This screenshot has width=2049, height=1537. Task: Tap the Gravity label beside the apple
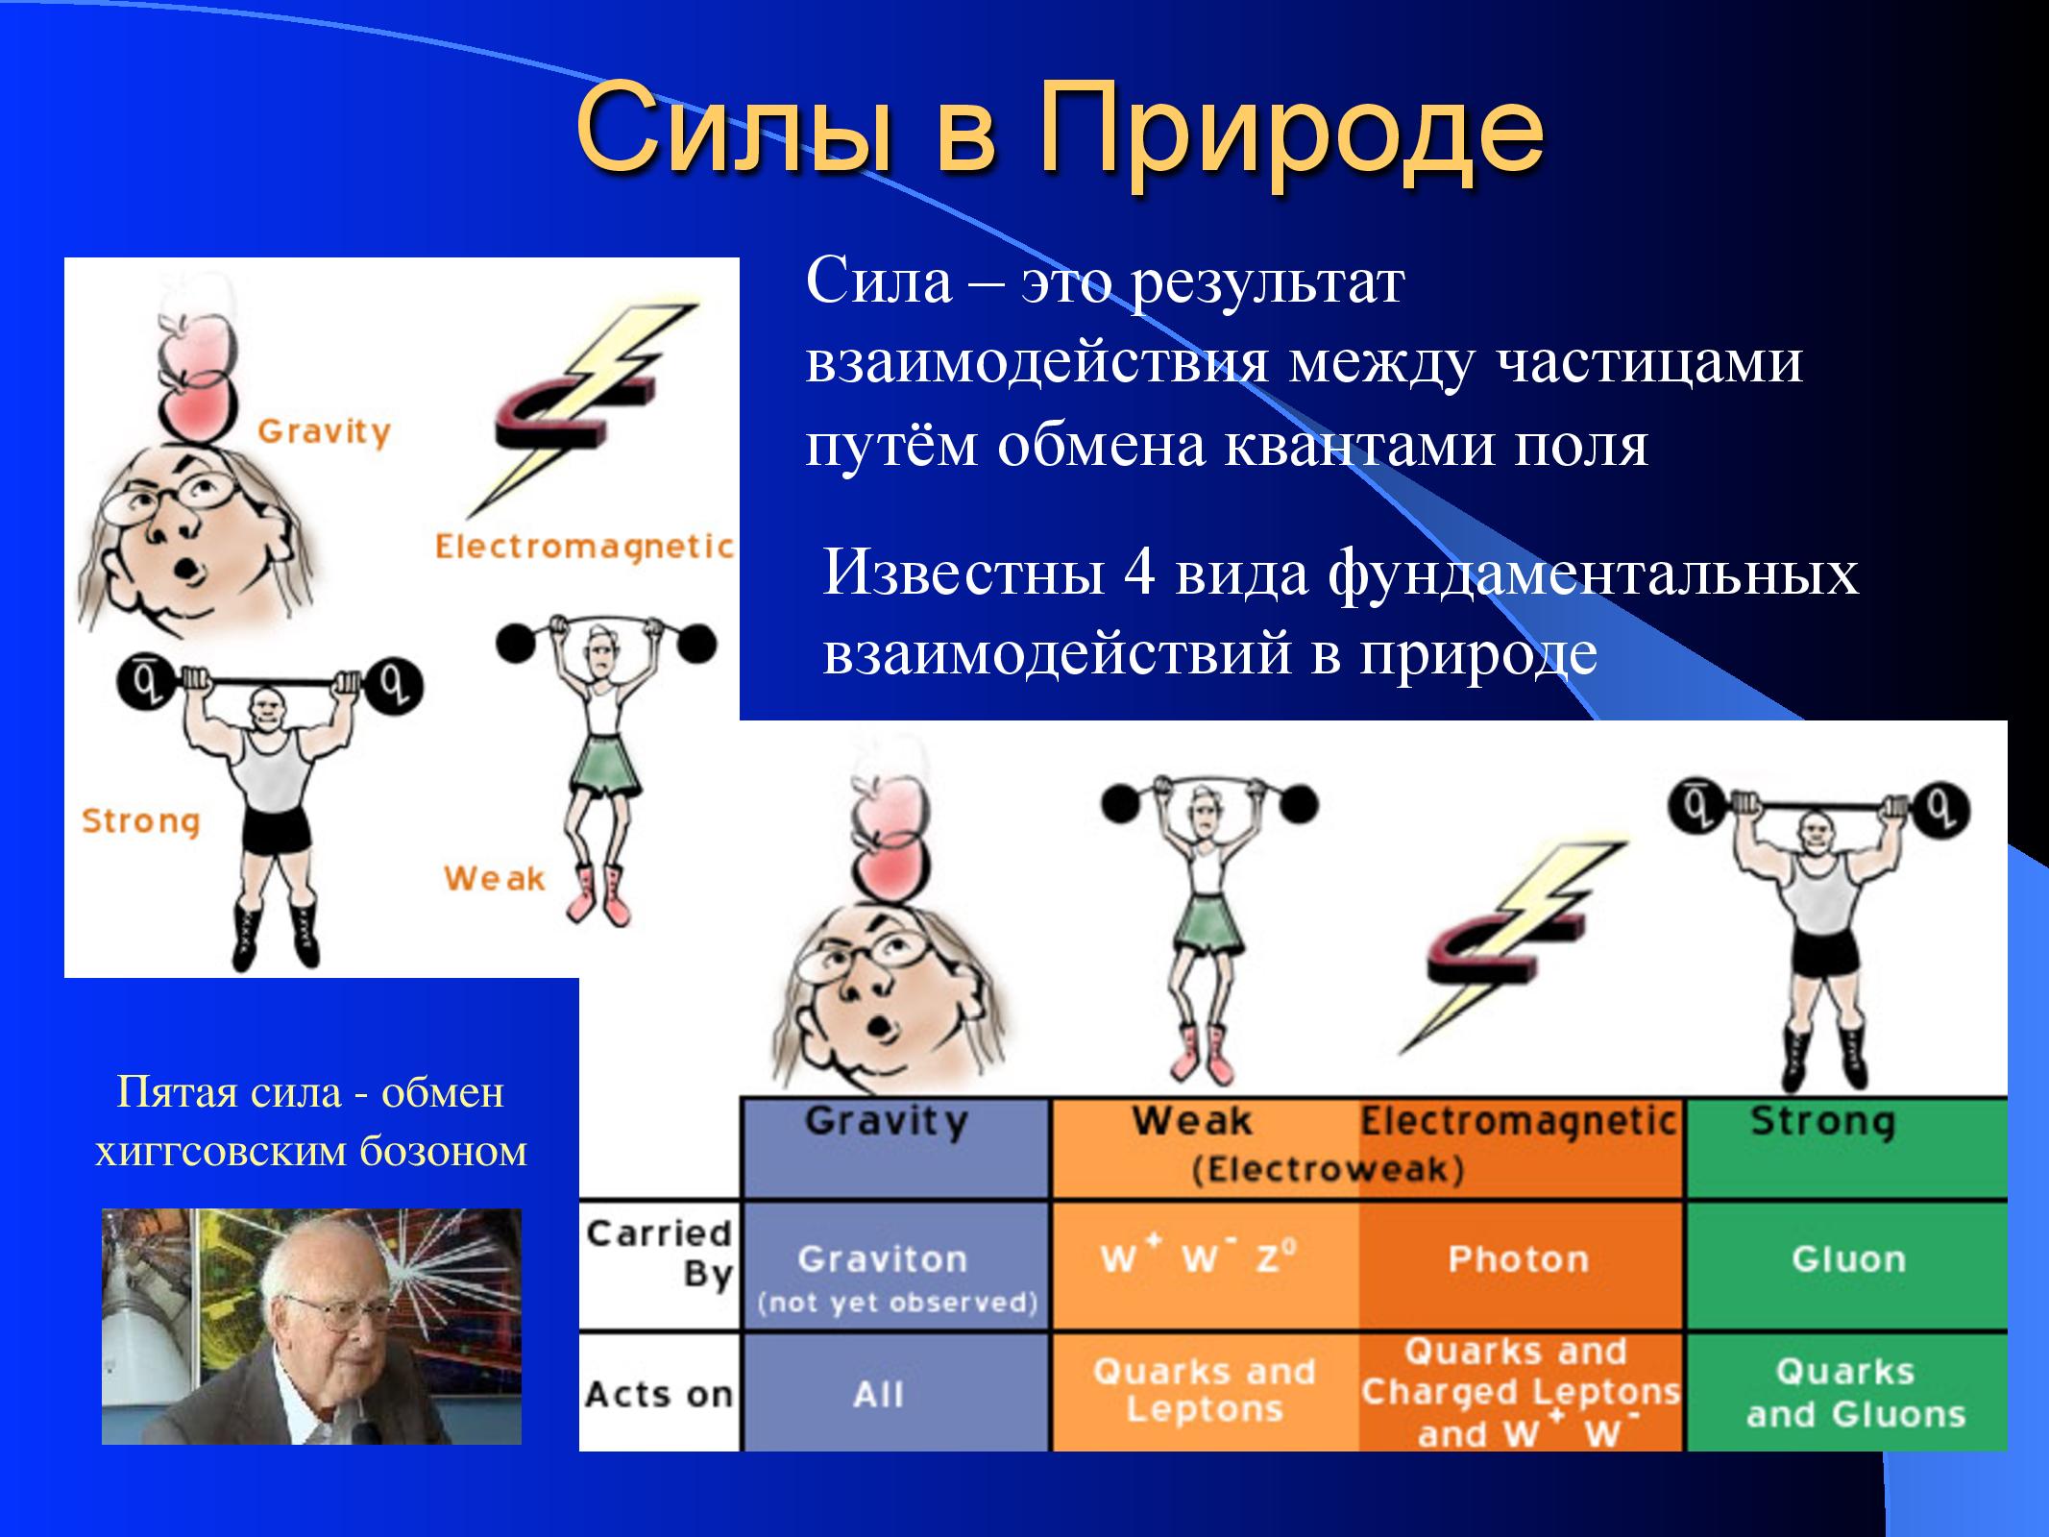(324, 431)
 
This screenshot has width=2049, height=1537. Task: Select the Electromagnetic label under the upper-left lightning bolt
(584, 547)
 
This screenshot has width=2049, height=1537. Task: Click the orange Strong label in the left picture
(141, 820)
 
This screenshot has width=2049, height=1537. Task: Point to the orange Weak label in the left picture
(494, 878)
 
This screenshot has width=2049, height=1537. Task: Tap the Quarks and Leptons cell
(1204, 1390)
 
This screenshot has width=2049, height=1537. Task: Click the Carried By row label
(659, 1254)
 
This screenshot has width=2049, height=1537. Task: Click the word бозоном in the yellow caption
(444, 1151)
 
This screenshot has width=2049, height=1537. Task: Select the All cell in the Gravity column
(879, 1394)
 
